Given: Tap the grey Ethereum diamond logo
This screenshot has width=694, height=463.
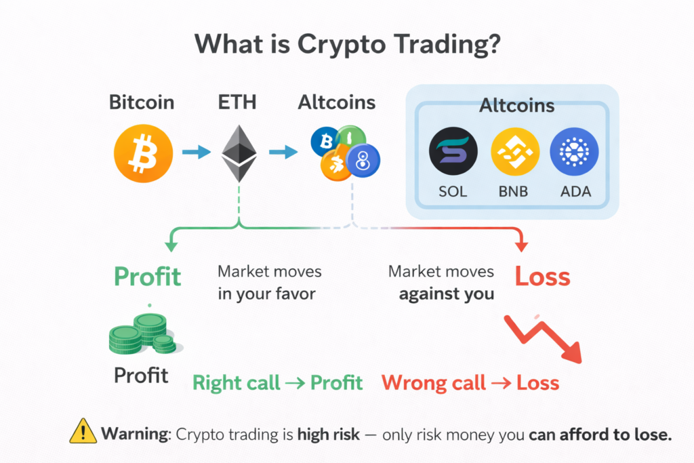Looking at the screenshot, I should (x=239, y=151).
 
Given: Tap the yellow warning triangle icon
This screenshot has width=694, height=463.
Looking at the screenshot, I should (x=83, y=432).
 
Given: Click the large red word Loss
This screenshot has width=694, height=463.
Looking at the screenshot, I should (x=542, y=276).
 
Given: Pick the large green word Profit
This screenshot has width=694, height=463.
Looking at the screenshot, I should (x=147, y=276).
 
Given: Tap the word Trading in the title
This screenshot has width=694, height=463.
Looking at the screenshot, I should (x=427, y=44).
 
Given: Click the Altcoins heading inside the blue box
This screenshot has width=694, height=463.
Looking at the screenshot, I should (x=516, y=106).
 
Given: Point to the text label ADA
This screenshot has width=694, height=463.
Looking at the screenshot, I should (x=575, y=191).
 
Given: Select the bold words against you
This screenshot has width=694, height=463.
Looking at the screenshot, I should (x=447, y=294).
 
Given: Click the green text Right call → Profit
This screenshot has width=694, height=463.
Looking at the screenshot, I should (x=278, y=383).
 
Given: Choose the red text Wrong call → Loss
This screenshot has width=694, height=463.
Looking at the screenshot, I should (x=470, y=383).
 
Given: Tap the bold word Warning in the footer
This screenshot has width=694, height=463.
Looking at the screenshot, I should (x=135, y=434).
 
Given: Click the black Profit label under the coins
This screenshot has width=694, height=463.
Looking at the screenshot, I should (x=141, y=374).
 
